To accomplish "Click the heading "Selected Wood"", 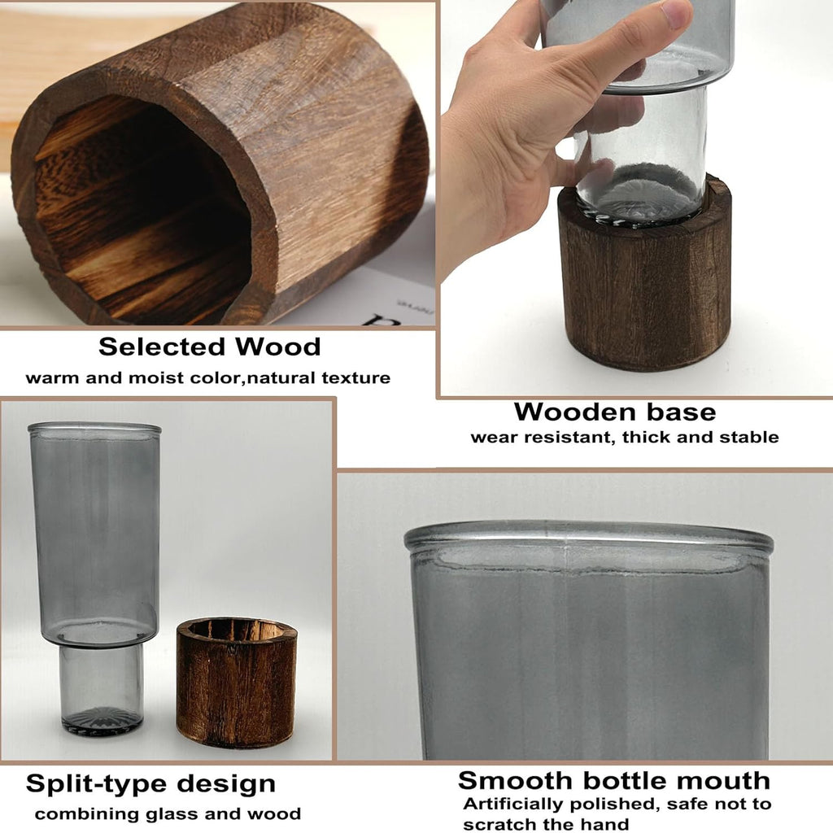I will (x=210, y=347).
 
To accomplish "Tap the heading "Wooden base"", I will (x=614, y=411).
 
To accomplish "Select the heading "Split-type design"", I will (x=150, y=784).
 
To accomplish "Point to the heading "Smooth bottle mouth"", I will (x=613, y=780).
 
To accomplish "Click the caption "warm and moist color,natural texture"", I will (x=207, y=377).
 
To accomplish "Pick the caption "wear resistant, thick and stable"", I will (x=624, y=437).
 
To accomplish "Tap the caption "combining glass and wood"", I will (x=168, y=813).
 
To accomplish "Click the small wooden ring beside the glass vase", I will (x=236, y=682).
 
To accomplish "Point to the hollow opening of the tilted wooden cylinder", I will (x=138, y=207).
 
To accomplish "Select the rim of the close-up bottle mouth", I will (x=588, y=536).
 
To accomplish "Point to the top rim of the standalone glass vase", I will (x=94, y=428).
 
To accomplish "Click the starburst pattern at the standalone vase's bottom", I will (x=102, y=718).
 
